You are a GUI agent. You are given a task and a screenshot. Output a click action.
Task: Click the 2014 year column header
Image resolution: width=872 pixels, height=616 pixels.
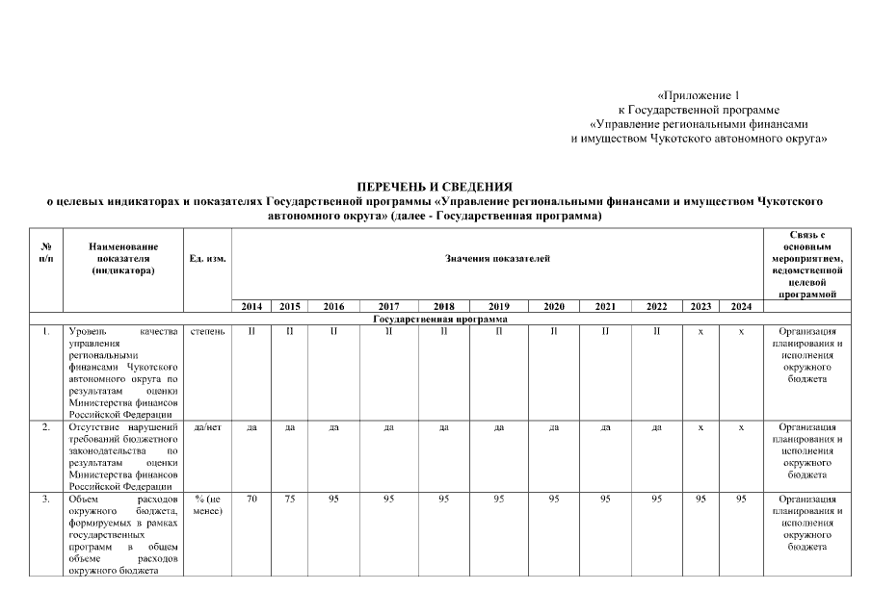click(251, 306)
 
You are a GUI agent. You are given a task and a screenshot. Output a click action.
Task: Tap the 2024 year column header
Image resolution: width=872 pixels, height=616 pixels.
click(740, 306)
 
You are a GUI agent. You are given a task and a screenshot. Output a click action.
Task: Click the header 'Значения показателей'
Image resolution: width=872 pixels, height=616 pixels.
click(497, 260)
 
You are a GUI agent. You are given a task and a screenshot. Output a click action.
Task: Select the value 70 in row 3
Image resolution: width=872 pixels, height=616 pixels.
click(251, 500)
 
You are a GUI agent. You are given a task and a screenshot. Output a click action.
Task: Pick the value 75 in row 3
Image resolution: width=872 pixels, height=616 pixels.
click(289, 500)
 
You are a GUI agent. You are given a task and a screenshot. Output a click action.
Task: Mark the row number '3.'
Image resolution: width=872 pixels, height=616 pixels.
click(46, 500)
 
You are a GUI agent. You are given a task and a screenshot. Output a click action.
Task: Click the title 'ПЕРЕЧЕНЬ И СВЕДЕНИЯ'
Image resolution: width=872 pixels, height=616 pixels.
click(435, 185)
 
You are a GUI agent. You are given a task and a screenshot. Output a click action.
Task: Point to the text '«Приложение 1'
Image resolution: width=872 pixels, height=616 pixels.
click(698, 96)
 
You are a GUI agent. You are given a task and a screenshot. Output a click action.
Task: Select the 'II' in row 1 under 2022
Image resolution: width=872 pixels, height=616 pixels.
click(656, 332)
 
